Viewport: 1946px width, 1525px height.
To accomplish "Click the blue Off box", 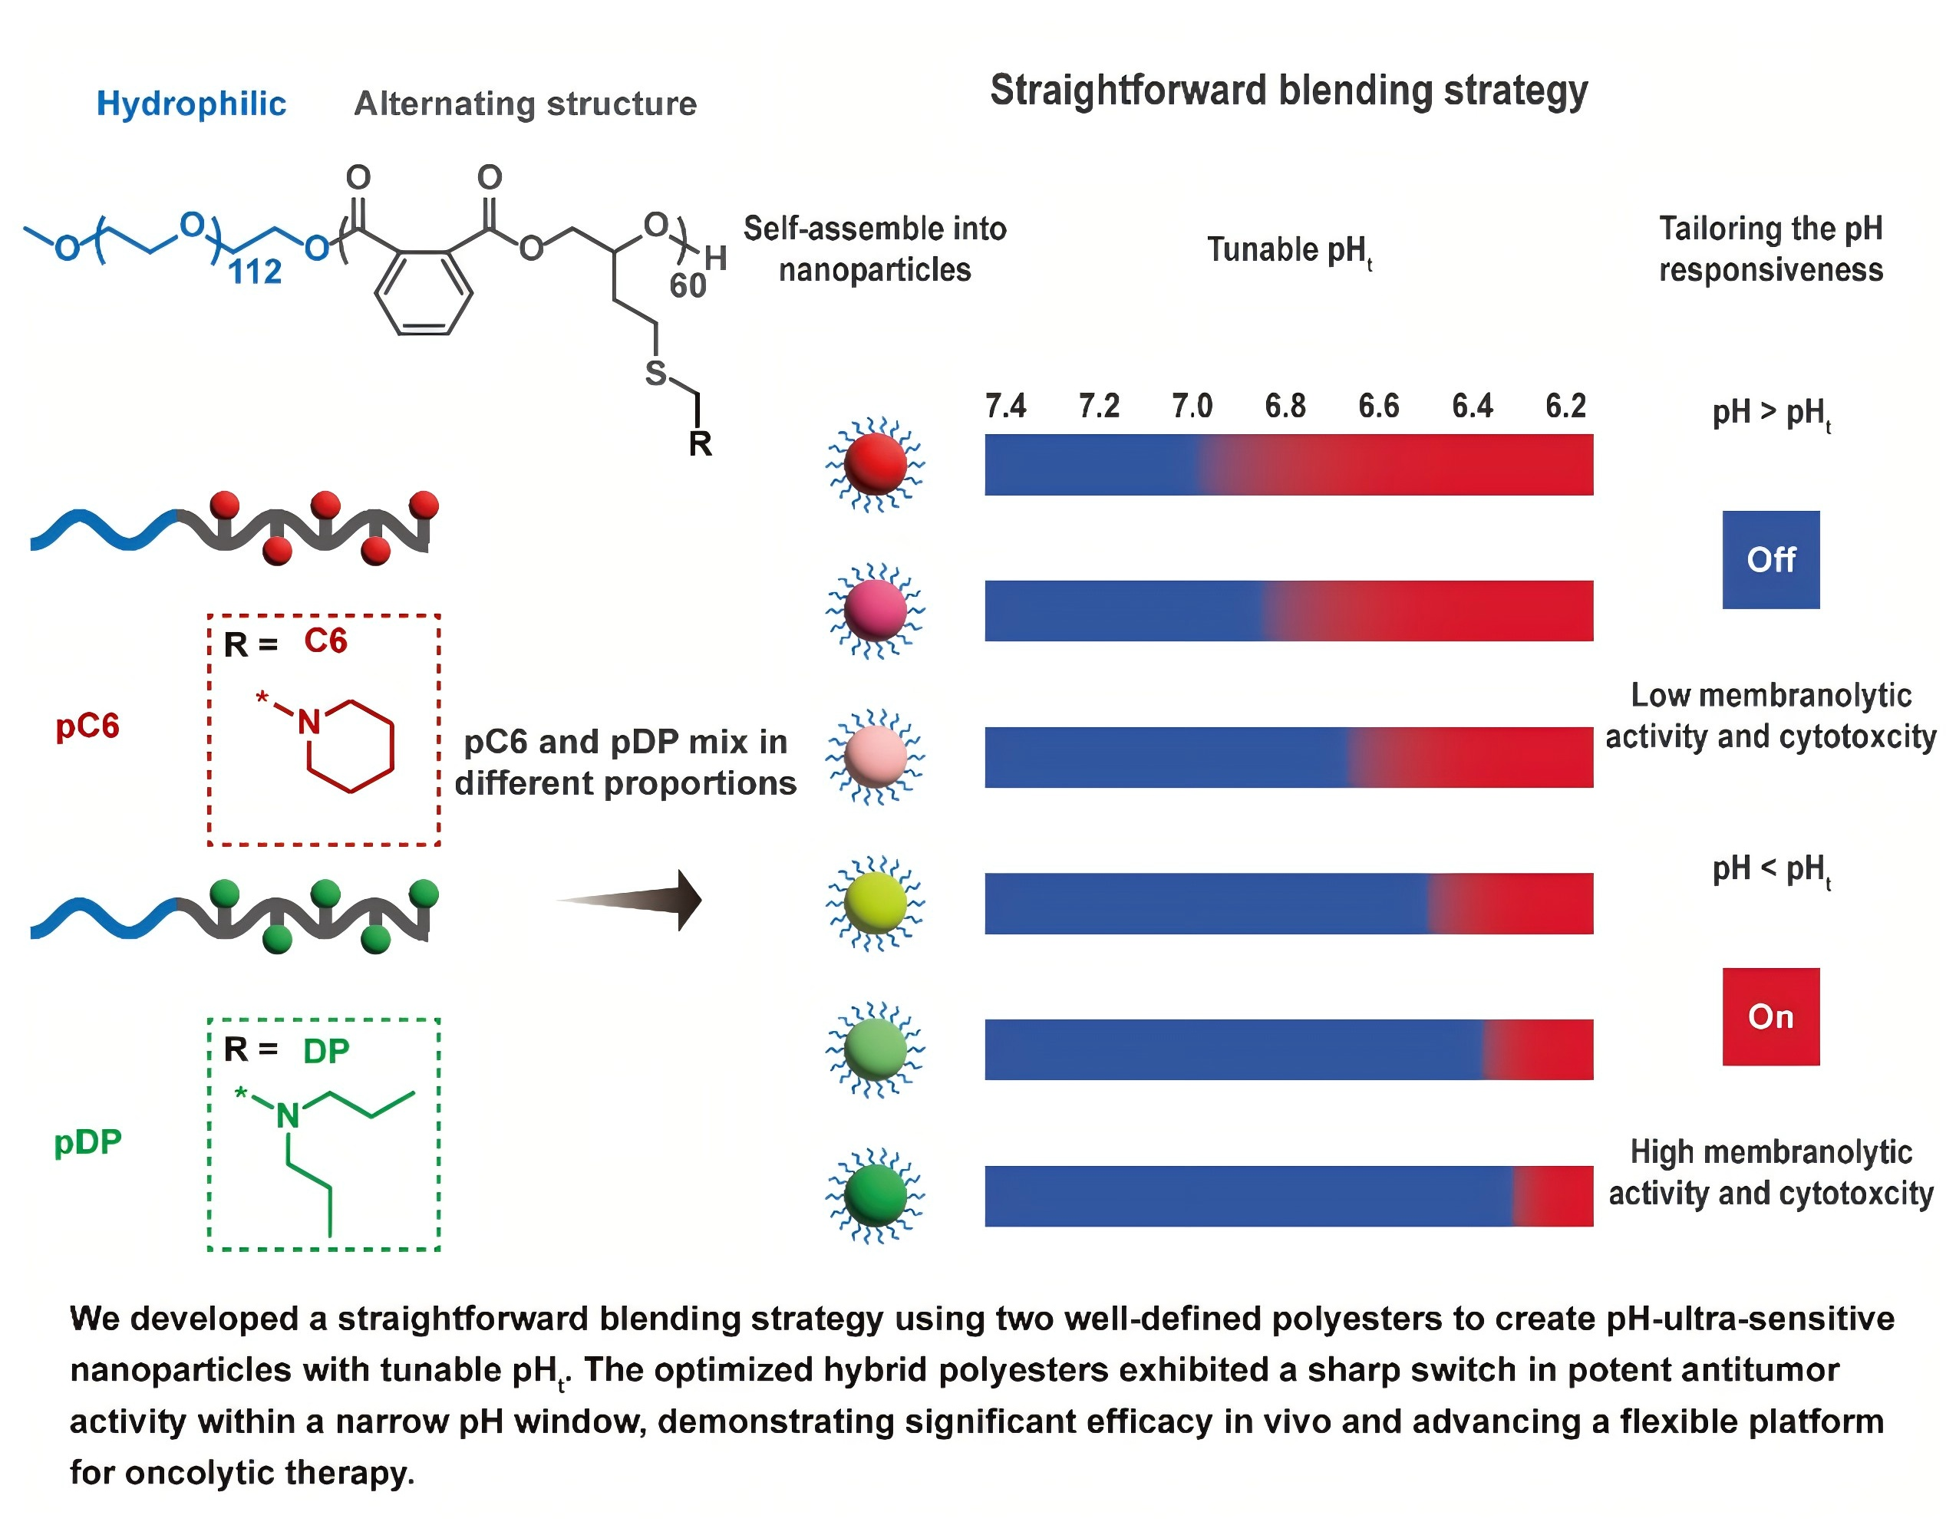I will (1770, 560).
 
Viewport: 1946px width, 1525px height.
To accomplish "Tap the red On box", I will (1770, 1016).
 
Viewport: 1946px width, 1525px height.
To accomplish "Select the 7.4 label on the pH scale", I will (1005, 407).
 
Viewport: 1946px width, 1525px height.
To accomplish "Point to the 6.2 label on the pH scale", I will (1565, 407).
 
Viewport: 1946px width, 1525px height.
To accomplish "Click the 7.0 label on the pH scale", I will (1192, 407).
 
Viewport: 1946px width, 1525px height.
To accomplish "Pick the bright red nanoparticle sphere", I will (876, 464).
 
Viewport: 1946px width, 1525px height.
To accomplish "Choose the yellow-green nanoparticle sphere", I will (876, 903).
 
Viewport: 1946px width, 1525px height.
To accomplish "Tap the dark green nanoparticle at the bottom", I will (876, 1196).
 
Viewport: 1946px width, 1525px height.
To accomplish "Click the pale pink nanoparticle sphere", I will (876, 757).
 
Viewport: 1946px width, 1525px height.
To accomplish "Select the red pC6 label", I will (87, 726).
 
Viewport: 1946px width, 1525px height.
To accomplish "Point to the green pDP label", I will (87, 1142).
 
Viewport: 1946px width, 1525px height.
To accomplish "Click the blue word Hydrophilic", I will (191, 104).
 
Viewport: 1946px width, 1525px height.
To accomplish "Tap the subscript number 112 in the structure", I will (256, 272).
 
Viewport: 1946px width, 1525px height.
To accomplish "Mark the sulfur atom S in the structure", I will (655, 374).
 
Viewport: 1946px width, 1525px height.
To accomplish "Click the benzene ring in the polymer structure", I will (424, 294).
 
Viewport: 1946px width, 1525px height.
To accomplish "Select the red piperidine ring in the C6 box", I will (350, 746).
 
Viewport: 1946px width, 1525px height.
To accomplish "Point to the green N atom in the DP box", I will (288, 1115).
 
